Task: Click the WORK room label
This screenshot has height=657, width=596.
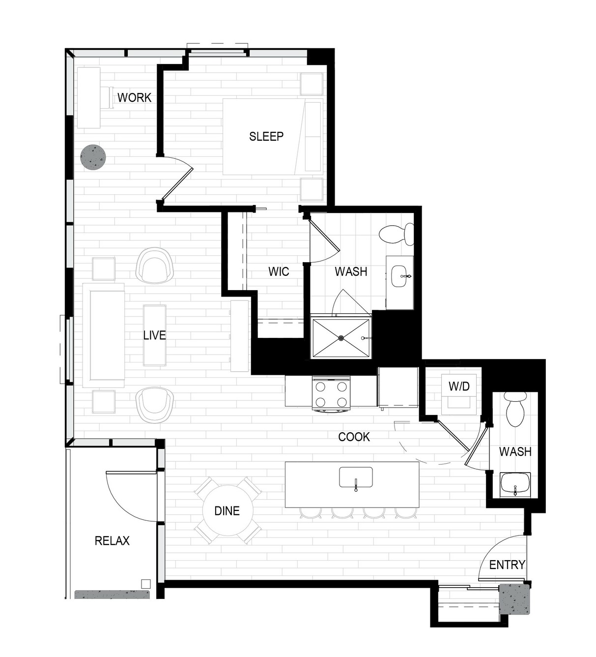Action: pyautogui.click(x=134, y=97)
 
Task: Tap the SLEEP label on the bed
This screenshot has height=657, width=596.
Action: pyautogui.click(x=266, y=136)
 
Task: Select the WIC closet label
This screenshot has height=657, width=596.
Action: pyautogui.click(x=279, y=271)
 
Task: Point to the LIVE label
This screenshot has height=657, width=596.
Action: pyautogui.click(x=154, y=335)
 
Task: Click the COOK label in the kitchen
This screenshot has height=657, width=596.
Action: pyautogui.click(x=354, y=437)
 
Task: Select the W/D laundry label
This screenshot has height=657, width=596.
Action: pyautogui.click(x=459, y=387)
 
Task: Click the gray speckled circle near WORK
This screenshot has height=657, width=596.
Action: pyautogui.click(x=93, y=157)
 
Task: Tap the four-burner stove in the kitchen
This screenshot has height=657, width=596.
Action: pyautogui.click(x=331, y=393)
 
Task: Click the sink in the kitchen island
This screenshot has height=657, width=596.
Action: pyautogui.click(x=356, y=477)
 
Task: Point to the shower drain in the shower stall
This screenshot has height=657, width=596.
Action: pyautogui.click(x=341, y=337)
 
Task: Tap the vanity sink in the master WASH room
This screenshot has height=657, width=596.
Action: pyautogui.click(x=401, y=276)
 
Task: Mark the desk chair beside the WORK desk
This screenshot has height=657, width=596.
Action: pyautogui.click(x=106, y=97)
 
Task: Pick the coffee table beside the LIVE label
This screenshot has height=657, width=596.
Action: pyautogui.click(x=154, y=335)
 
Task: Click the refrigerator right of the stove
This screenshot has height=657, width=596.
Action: pyautogui.click(x=398, y=388)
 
